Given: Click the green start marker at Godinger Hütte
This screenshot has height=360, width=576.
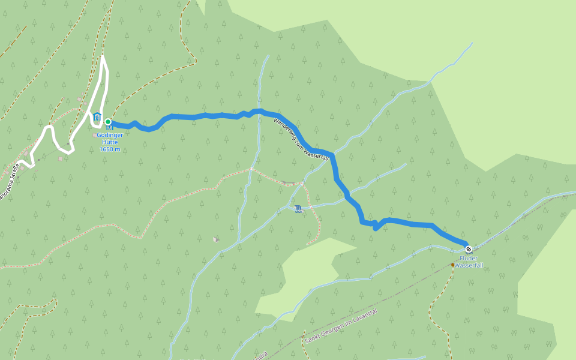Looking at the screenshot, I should [108, 122].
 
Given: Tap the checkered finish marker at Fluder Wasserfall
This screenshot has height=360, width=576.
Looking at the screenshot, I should [469, 249].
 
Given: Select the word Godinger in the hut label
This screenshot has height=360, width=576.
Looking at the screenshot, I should [110, 135].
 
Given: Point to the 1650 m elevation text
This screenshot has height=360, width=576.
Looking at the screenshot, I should [110, 149].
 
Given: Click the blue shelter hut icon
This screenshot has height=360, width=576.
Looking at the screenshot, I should [97, 116].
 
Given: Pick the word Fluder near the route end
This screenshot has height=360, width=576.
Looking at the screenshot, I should [469, 259].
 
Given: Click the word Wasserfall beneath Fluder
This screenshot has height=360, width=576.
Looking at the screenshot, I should [469, 265].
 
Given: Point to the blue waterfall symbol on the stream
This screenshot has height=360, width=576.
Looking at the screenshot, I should [298, 208].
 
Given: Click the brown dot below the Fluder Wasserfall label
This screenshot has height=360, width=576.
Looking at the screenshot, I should [453, 264].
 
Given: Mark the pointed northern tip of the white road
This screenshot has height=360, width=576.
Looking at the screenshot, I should [103, 56].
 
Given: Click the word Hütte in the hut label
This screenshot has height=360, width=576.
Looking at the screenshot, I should [110, 142].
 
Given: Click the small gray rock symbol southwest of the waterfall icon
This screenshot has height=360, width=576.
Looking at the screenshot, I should [215, 239].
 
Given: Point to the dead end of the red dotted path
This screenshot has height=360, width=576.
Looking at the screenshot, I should [308, 244].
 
